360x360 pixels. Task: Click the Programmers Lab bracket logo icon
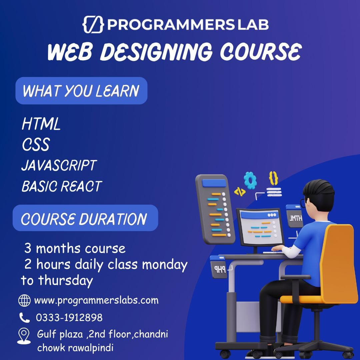pos(93,25)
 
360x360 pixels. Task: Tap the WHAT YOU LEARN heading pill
pos(81,91)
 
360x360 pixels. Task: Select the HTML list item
pos(41,124)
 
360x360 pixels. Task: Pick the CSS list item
pos(36,145)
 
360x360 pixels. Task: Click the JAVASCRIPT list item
pos(59,165)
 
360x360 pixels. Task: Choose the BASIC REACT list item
pos(62,186)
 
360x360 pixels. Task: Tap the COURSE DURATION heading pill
pos(85,219)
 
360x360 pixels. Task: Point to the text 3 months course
pos(75,248)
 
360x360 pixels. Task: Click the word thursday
pos(65,280)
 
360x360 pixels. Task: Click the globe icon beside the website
pos(24,301)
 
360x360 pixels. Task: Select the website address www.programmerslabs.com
pos(96,300)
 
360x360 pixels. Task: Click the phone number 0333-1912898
pos(69,318)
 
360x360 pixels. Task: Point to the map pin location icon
pos(24,336)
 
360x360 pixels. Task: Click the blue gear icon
pos(250,180)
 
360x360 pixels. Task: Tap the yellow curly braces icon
pos(273,178)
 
